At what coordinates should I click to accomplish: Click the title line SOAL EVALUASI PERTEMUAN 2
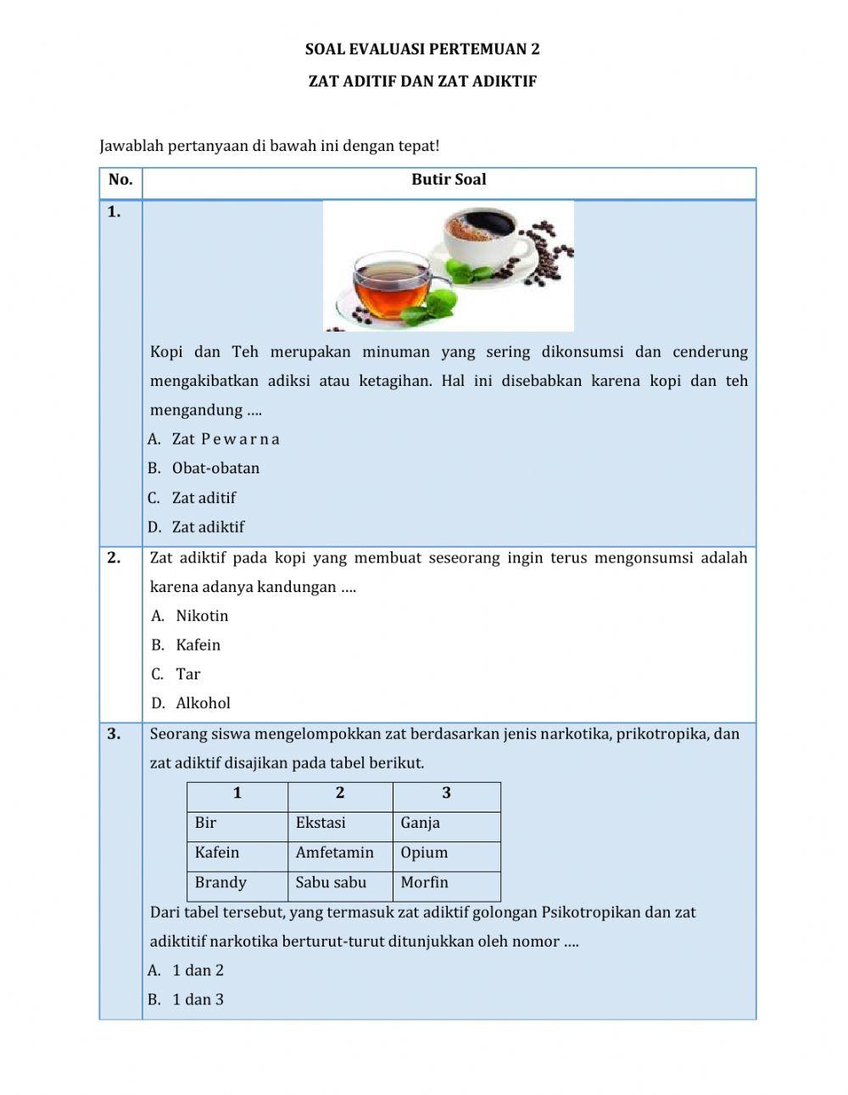(422, 49)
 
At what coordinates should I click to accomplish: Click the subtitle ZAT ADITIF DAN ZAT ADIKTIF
(422, 81)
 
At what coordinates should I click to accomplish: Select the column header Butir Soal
(449, 180)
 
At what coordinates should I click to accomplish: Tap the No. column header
(120, 180)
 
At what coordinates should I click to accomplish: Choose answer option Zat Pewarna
(225, 439)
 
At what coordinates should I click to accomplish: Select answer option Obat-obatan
(215, 468)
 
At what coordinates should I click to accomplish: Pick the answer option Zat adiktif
(208, 527)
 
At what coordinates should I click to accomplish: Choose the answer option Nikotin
(202, 616)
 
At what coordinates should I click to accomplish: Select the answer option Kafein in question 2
(198, 645)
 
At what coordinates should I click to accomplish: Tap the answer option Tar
(187, 674)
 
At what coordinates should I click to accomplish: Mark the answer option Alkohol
(203, 703)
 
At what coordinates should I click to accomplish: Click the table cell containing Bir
(237, 823)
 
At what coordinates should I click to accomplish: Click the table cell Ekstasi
(339, 823)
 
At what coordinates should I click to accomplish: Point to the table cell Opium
(445, 852)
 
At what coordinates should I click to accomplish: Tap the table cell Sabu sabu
(339, 882)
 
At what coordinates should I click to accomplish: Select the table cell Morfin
(445, 882)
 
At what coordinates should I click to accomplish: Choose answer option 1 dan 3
(198, 999)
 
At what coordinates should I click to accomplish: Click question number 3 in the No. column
(114, 735)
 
